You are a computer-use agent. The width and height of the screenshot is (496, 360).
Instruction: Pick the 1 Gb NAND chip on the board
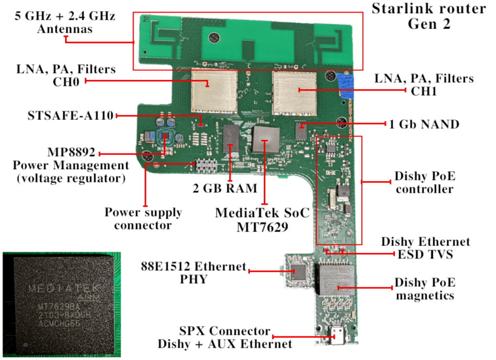pyautogui.click(x=301, y=131)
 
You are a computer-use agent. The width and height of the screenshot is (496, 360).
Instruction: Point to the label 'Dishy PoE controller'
pyautogui.click(x=424, y=183)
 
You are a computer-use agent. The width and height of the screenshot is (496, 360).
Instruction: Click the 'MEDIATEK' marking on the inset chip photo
pyautogui.click(x=62, y=289)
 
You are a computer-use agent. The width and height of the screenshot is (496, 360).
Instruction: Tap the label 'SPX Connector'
pyautogui.click(x=224, y=331)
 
